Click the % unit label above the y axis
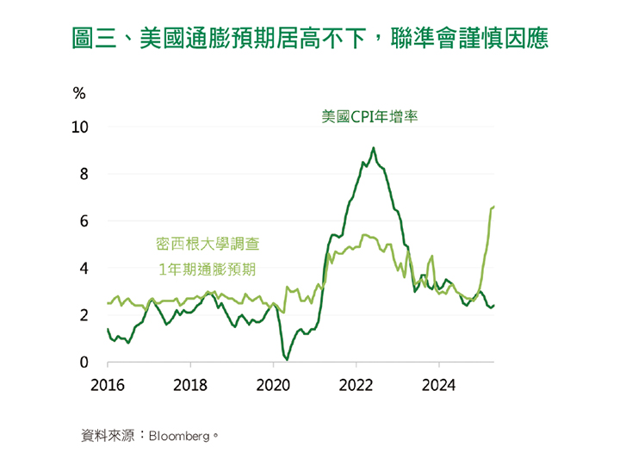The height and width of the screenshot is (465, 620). (79, 93)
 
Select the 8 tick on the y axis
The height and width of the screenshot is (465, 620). (84, 174)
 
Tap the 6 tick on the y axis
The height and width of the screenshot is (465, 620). (84, 221)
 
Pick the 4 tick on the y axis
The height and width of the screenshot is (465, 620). (84, 269)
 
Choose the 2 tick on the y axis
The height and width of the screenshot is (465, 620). (84, 316)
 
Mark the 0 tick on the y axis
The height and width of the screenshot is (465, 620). (84, 363)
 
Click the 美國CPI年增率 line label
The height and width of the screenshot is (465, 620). (369, 117)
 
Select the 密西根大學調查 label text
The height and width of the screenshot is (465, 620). (207, 245)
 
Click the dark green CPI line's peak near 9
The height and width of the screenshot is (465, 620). (374, 148)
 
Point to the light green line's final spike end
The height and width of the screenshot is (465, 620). (493, 206)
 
